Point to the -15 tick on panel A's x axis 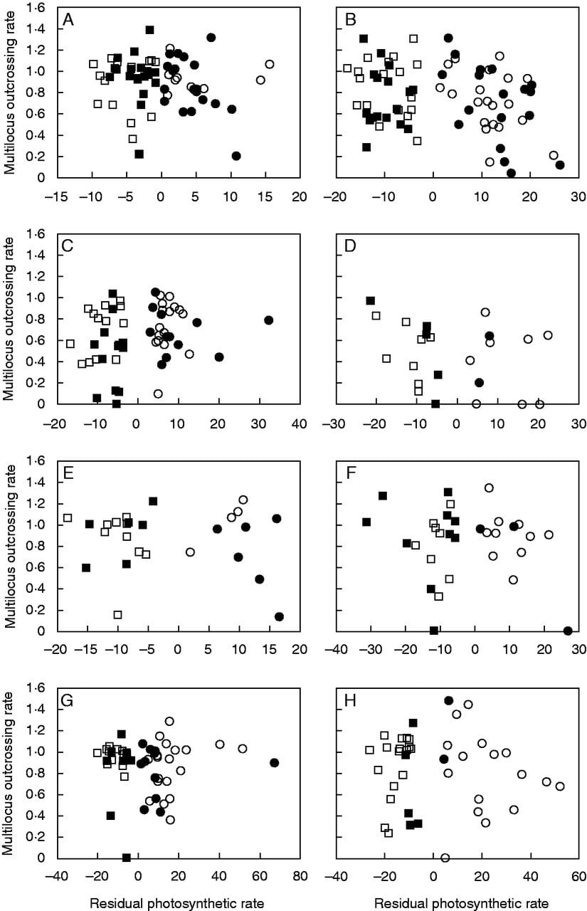click(56, 196)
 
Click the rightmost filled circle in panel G click(275, 762)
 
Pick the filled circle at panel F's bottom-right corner click(568, 631)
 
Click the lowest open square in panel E click(117, 614)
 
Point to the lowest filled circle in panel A click(237, 156)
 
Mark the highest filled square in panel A click(149, 30)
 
